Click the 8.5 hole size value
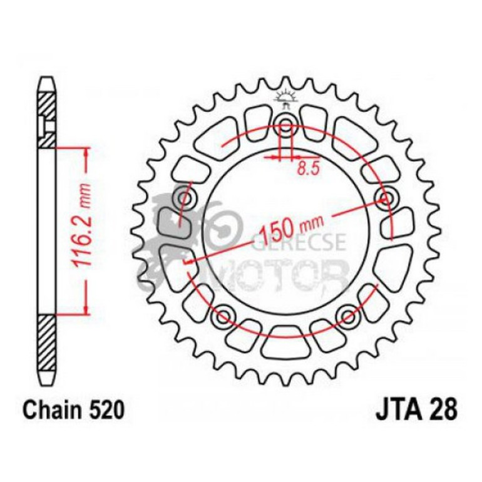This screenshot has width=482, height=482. coord(305,168)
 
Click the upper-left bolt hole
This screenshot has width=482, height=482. coord(185,198)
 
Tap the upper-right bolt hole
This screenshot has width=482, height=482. coord(385,198)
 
